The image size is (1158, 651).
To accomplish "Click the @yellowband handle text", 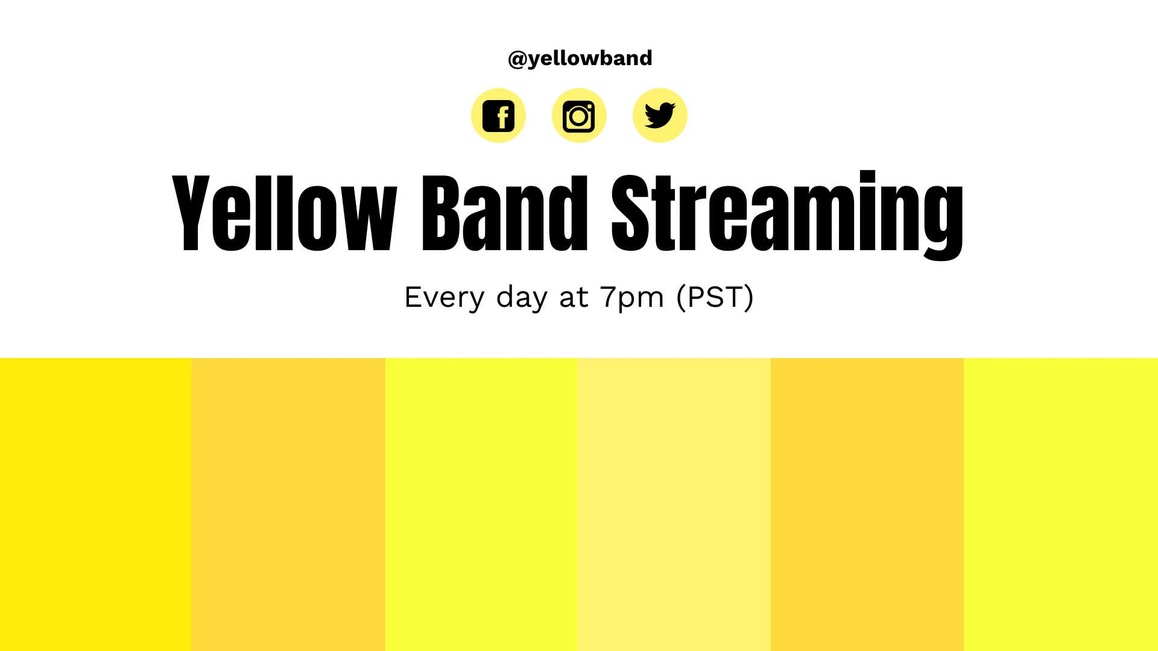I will click(x=580, y=58).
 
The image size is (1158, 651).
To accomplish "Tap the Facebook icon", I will click(x=498, y=116).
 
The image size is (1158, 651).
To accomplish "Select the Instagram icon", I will click(x=579, y=116).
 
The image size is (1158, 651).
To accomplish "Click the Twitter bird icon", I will click(x=660, y=116).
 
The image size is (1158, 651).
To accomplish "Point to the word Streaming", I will click(x=787, y=214).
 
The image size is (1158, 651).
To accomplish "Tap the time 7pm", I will click(x=631, y=297).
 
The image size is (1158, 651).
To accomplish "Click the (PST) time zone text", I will click(x=715, y=297).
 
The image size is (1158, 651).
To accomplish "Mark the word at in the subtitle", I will click(x=574, y=297).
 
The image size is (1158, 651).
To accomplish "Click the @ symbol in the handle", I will click(x=517, y=59).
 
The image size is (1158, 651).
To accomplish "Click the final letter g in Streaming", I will click(x=943, y=220).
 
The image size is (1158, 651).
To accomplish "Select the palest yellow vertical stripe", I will click(x=674, y=504).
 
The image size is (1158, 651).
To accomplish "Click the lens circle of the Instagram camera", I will click(x=578, y=117).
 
